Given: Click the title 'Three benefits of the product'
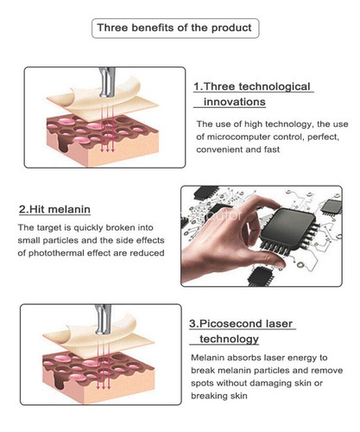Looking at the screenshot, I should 174,28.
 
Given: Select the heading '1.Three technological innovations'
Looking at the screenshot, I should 252,94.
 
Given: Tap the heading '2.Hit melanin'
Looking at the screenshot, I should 54,209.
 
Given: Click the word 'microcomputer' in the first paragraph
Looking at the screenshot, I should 247,137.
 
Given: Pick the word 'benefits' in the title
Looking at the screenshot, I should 148,28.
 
